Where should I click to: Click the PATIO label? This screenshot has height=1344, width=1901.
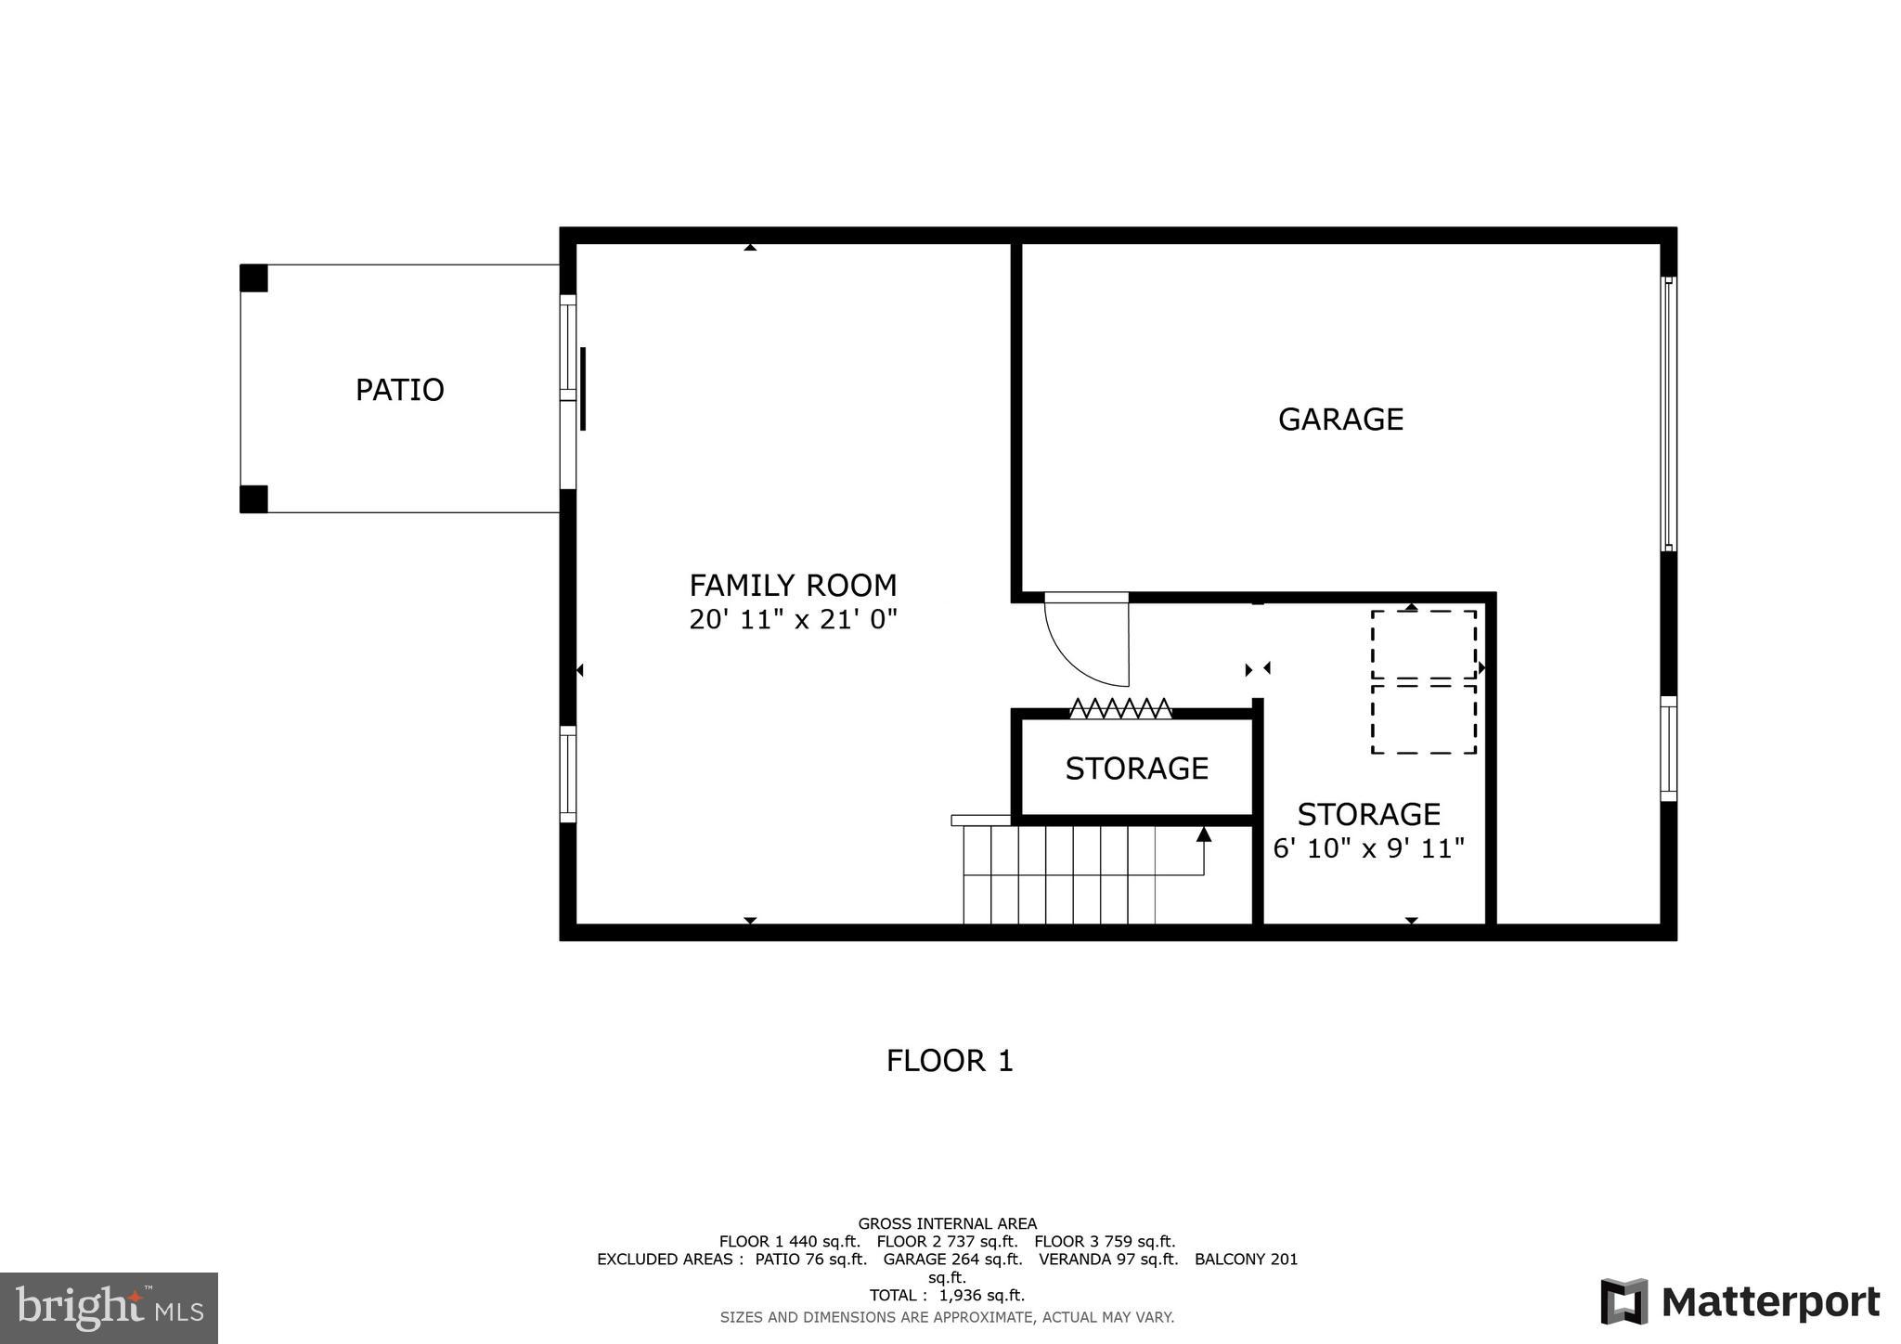point(400,390)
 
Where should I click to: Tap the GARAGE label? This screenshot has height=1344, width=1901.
point(1340,420)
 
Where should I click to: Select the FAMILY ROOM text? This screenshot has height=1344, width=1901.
point(793,586)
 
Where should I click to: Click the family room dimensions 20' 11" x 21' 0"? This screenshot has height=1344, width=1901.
point(793,619)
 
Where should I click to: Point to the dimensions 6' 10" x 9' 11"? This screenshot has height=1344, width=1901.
point(1368,848)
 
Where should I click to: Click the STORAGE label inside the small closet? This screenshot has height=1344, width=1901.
point(1136,769)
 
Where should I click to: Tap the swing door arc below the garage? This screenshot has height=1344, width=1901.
point(1077,650)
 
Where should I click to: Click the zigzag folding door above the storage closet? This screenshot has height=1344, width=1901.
point(1120,708)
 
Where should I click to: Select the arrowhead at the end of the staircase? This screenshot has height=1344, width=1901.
point(1204,834)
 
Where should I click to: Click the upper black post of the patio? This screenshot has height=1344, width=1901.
point(253,278)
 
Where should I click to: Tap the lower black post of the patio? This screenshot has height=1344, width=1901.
point(253,499)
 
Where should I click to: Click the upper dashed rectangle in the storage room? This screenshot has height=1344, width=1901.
point(1423,644)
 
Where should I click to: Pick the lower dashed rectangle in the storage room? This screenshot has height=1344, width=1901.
point(1423,718)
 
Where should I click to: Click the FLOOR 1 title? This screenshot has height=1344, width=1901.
point(949,1061)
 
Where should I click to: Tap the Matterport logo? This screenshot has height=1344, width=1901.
point(1740,1302)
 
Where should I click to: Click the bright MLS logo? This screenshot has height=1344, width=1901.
point(109,1308)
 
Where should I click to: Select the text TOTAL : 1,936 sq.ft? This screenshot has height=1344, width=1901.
point(947,1296)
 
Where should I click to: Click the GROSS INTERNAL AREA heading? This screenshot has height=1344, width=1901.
point(947,1223)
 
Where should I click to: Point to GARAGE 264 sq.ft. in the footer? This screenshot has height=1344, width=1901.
point(952,1260)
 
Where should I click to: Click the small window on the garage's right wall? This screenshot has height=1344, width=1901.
point(1668,748)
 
